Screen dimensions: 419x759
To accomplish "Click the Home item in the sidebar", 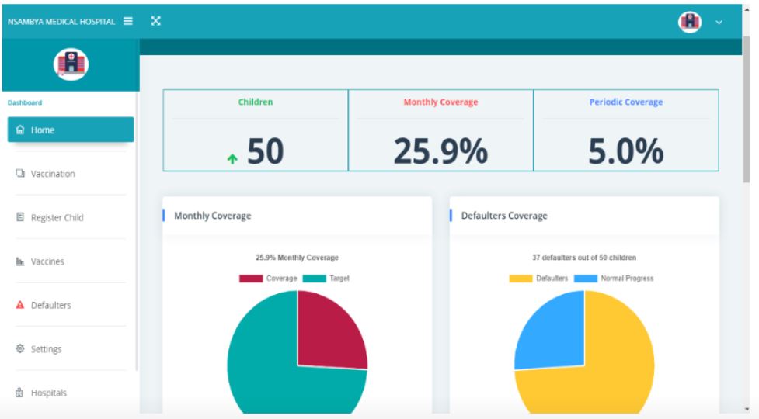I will pyautogui.click(x=70, y=130).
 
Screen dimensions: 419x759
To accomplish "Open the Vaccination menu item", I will pyautogui.click(x=52, y=174).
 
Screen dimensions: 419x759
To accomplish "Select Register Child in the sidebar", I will pyautogui.click(x=56, y=218).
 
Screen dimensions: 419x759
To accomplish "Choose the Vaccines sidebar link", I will pyautogui.click(x=47, y=261).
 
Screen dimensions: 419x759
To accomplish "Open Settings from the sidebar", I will pyautogui.click(x=46, y=349).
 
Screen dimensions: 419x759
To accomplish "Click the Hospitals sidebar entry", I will pyautogui.click(x=48, y=393).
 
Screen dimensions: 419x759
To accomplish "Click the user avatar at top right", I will pyautogui.click(x=689, y=22).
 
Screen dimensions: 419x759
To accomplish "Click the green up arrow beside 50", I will pyautogui.click(x=232, y=159).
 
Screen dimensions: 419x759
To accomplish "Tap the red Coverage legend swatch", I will pyautogui.click(x=251, y=279).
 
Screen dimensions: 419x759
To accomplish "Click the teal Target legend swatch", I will pyautogui.click(x=314, y=279).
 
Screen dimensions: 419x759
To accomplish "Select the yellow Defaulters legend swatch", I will pyautogui.click(x=521, y=279).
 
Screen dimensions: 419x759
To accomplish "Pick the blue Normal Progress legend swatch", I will pyautogui.click(x=586, y=279).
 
